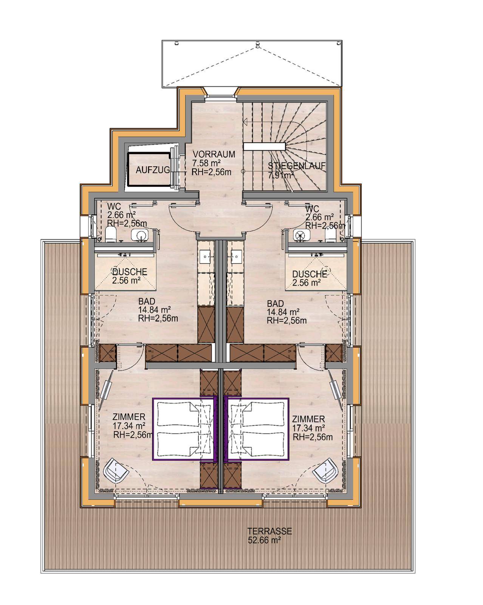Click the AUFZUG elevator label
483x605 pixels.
[153, 170]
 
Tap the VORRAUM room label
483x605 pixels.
[214, 154]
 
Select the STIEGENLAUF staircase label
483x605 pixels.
[297, 166]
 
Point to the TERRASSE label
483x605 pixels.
[269, 531]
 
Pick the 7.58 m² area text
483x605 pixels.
[206, 163]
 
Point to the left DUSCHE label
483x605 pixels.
[130, 272]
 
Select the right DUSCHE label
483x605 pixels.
[310, 274]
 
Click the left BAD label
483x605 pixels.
[147, 302]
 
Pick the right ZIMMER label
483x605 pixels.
[308, 419]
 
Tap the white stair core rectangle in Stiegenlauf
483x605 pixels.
[265, 146]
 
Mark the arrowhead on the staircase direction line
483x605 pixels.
[246, 122]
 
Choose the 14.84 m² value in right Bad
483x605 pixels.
[283, 312]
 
